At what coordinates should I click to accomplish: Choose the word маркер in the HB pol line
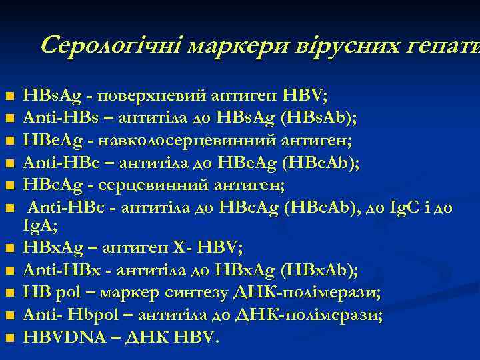coord(124,292)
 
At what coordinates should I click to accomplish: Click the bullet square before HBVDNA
coord(9,338)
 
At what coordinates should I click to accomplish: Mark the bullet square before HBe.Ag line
coord(9,141)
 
